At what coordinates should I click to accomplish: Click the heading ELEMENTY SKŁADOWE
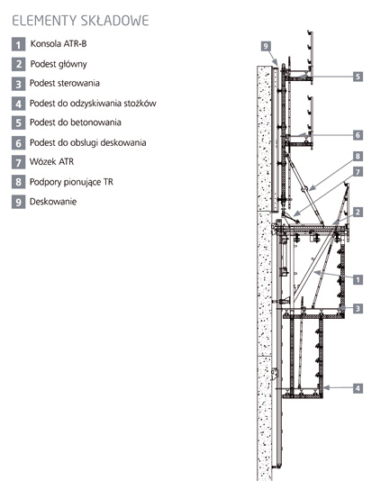(80, 21)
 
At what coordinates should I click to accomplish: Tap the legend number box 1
(18, 44)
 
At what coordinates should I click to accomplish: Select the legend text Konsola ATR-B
(59, 43)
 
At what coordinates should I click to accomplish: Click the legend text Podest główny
(59, 64)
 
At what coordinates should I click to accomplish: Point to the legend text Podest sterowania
(65, 83)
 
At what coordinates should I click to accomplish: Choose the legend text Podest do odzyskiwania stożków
(93, 103)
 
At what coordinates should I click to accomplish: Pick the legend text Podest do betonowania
(76, 123)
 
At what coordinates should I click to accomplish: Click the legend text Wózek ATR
(52, 161)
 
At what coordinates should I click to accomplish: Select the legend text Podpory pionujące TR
(71, 182)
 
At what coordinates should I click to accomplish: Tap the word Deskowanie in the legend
(53, 202)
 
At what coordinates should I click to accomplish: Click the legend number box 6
(18, 142)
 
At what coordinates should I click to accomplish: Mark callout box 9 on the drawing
(266, 46)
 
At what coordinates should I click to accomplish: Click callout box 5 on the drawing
(358, 77)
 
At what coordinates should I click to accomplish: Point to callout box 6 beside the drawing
(358, 135)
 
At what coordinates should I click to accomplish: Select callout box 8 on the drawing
(358, 156)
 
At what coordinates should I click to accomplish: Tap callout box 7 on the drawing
(358, 172)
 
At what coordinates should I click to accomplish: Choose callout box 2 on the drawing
(358, 212)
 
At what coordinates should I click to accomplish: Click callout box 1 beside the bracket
(358, 279)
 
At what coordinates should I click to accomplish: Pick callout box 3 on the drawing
(358, 308)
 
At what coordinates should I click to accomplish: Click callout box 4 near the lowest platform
(358, 388)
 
